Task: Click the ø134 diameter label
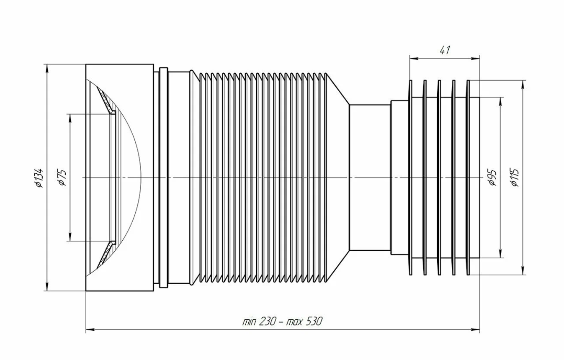[39, 178]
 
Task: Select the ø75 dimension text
[62, 178]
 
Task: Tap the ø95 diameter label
[493, 178]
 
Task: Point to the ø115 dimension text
[515, 178]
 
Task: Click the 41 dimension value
[445, 50]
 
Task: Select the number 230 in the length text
[268, 321]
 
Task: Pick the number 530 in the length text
[314, 321]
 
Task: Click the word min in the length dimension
[249, 322]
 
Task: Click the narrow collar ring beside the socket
[164, 177]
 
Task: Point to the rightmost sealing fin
[468, 177]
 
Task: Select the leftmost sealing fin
[410, 177]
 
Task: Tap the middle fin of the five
[439, 177]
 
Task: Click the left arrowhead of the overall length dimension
[90, 329]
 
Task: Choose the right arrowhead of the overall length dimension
[475, 329]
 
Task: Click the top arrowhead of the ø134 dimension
[46, 69]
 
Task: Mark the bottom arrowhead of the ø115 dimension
[523, 270]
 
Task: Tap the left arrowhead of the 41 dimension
[414, 59]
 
